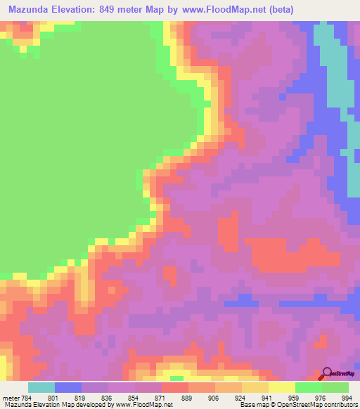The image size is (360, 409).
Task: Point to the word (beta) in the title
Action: (x=279, y=10)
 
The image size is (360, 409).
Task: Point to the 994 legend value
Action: (x=347, y=398)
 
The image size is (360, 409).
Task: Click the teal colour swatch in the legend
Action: (x=41, y=387)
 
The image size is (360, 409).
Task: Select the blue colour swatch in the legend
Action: (x=67, y=387)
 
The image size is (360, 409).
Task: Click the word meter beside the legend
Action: (x=11, y=398)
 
